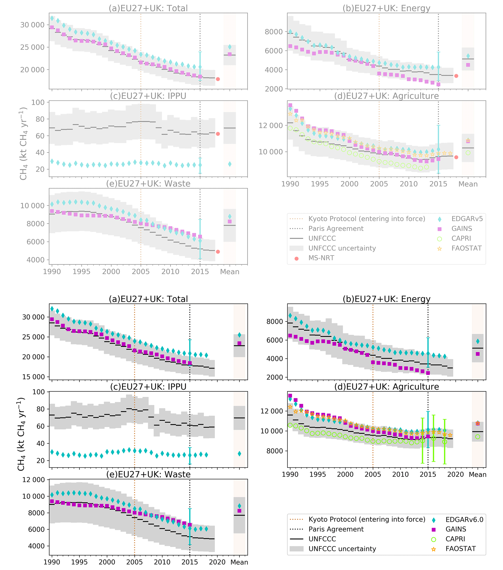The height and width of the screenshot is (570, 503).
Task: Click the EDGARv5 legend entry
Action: click(467, 219)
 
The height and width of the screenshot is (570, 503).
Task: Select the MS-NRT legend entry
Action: click(321, 258)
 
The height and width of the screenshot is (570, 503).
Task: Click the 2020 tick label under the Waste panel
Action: click(217, 562)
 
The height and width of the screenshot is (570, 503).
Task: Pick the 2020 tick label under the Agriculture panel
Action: click(455, 474)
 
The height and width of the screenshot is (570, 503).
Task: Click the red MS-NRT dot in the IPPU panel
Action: click(218, 134)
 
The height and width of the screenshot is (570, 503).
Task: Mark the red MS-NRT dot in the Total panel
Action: click(218, 79)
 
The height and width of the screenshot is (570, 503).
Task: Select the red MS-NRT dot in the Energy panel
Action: click(456, 76)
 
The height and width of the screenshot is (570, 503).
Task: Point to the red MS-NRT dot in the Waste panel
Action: click(218, 252)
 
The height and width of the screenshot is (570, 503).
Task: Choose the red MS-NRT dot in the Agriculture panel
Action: click(456, 157)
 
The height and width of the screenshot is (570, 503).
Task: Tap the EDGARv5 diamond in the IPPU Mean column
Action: click(230, 164)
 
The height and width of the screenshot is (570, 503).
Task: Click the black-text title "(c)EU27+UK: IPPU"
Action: click(148, 387)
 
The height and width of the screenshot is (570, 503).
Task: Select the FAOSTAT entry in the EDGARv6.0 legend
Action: click(460, 549)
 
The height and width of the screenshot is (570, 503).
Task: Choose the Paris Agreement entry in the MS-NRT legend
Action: click(336, 229)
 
